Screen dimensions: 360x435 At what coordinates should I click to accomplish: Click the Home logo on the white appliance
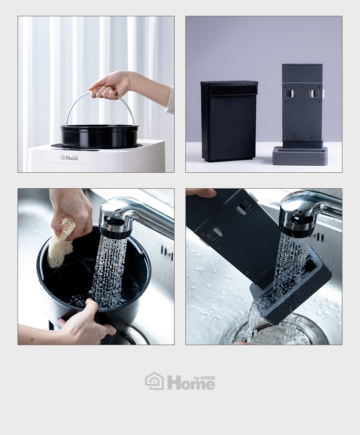click(x=69, y=158)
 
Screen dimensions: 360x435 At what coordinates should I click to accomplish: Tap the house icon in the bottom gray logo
click(x=154, y=381)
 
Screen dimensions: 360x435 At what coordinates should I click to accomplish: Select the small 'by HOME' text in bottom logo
click(x=205, y=378)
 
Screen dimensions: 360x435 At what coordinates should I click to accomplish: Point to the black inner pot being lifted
click(x=99, y=136)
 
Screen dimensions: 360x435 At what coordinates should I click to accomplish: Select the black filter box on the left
click(x=229, y=121)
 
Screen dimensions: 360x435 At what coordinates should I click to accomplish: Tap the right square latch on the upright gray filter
click(x=315, y=94)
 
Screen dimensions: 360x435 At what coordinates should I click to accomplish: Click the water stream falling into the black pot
click(x=108, y=272)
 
